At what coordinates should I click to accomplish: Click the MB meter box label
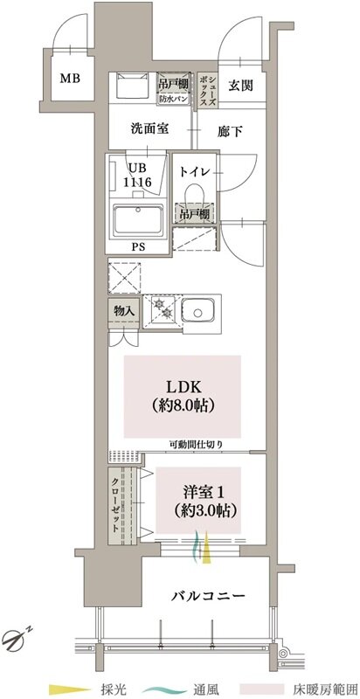[x=71, y=80]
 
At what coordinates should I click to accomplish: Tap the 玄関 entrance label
[x=240, y=85]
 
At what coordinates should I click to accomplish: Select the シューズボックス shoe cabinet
[x=208, y=91]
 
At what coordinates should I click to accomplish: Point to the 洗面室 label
[x=149, y=128]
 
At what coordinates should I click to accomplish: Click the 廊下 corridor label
[x=231, y=132]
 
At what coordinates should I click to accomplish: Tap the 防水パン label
[x=174, y=99]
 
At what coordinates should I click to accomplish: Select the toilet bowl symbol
[x=195, y=192]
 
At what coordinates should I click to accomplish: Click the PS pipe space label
[x=138, y=247]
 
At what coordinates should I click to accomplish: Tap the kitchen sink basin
[x=198, y=309]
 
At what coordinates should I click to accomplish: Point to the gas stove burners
[x=163, y=308]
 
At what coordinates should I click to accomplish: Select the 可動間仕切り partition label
[x=196, y=444]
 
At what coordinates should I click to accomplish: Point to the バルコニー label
[x=208, y=596]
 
